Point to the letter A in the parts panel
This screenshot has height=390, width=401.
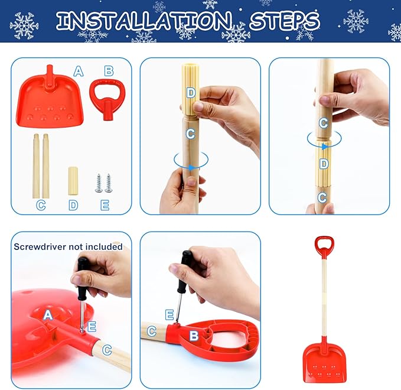tap(78, 71)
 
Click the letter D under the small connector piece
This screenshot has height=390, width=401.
tap(73, 204)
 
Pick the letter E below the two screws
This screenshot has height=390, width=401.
tap(105, 204)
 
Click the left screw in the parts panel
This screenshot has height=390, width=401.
tap(99, 183)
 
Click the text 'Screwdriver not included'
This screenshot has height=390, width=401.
tap(68, 246)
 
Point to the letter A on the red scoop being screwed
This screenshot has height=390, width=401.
tap(48, 316)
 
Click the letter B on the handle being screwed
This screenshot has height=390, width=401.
tap(194, 337)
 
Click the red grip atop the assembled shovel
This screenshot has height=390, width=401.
tap(324, 246)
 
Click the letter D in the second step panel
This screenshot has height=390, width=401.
tap(190, 92)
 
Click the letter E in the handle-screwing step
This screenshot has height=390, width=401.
tap(169, 314)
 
